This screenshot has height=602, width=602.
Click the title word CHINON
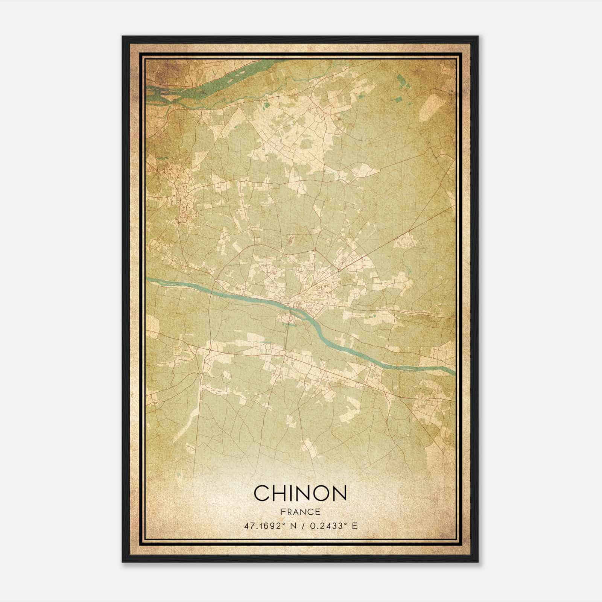pos(300,493)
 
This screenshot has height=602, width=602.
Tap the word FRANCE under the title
pos(300,512)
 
